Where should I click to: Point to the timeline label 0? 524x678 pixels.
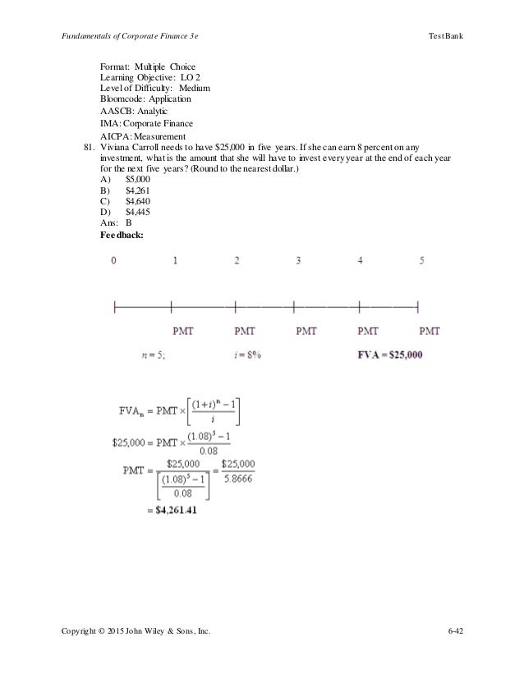tap(114, 261)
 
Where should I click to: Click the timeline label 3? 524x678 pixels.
tap(298, 261)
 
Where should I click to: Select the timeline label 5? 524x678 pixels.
tap(421, 261)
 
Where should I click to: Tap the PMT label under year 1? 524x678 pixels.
tap(185, 332)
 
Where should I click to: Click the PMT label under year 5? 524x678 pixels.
tap(430, 332)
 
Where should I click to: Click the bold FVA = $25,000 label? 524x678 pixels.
tap(389, 355)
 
